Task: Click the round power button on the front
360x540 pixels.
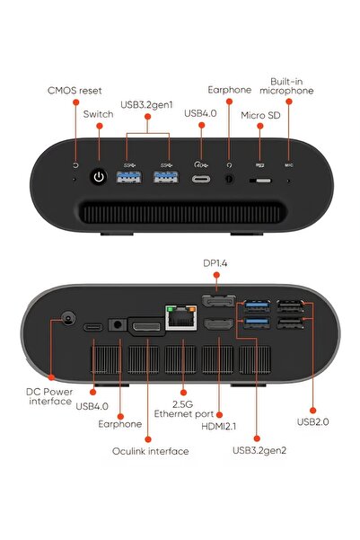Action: click(x=99, y=177)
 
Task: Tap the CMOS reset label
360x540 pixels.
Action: click(x=75, y=91)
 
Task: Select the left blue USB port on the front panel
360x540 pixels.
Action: click(x=128, y=177)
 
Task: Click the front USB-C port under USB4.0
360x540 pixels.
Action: click(x=201, y=180)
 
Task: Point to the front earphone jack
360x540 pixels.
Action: click(x=229, y=179)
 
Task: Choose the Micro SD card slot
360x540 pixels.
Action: click(x=260, y=181)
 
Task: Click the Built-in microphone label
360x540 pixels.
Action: click(x=286, y=86)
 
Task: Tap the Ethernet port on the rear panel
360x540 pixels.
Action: click(x=181, y=317)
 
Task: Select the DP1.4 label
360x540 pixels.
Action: click(x=215, y=263)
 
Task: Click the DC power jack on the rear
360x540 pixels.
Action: click(x=68, y=318)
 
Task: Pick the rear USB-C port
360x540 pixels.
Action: click(x=93, y=327)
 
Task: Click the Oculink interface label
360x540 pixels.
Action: click(x=151, y=451)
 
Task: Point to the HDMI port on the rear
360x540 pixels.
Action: click(x=219, y=324)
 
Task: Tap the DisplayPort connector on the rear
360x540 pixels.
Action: click(x=218, y=301)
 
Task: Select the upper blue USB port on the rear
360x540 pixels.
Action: click(x=257, y=305)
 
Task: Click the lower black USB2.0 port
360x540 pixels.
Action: click(x=290, y=323)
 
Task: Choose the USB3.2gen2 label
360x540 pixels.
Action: click(x=259, y=450)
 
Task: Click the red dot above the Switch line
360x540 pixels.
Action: click(x=100, y=126)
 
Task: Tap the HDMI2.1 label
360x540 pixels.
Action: click(x=219, y=427)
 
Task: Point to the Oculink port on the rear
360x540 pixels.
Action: click(x=146, y=326)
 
